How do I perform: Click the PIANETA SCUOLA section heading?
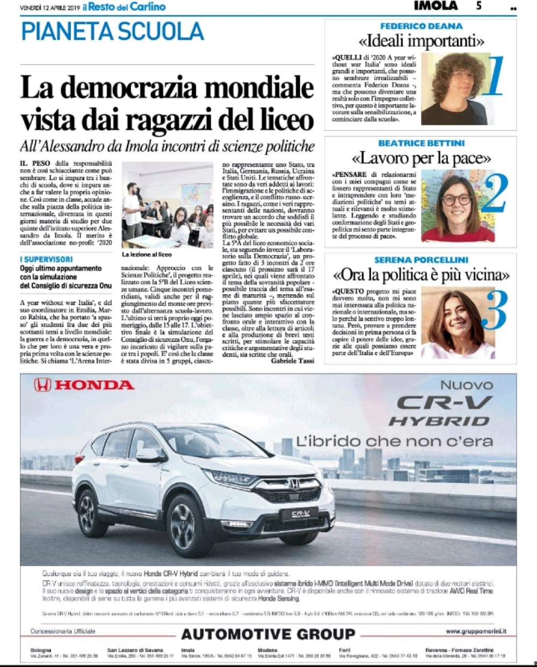(112, 32)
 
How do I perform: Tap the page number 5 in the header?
(478, 6)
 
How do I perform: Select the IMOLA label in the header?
(436, 6)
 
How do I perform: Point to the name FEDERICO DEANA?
(421, 26)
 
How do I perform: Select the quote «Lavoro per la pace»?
(421, 158)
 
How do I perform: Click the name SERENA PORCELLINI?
(421, 260)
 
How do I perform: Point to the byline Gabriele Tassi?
(292, 361)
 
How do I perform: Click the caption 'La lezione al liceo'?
(147, 254)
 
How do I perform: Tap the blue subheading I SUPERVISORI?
(46, 259)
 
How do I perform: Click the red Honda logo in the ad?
(84, 385)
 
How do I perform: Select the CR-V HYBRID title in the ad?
(439, 411)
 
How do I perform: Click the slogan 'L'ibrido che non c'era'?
(394, 441)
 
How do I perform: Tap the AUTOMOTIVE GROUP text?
(267, 634)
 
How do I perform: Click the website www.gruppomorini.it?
(476, 632)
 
